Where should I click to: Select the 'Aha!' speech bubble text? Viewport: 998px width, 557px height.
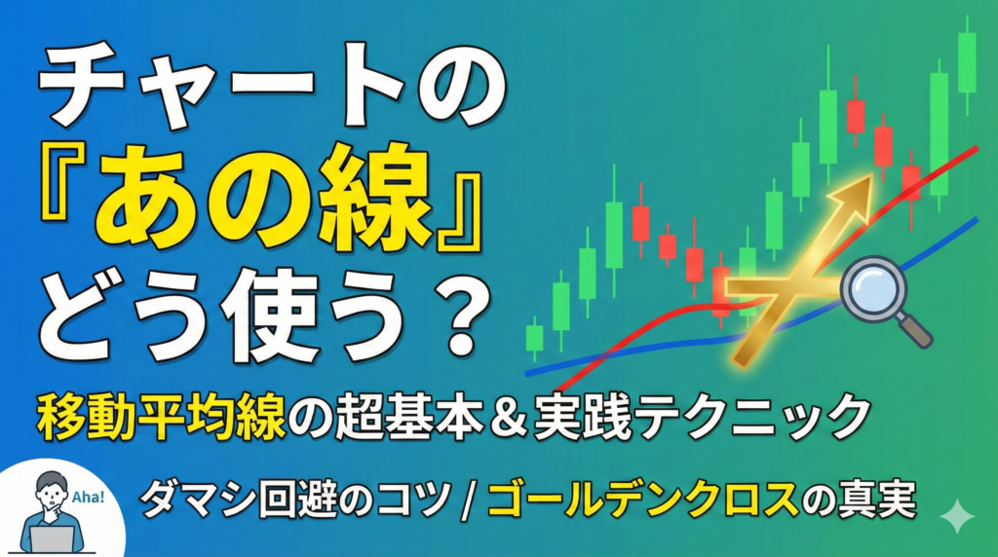coord(89,497)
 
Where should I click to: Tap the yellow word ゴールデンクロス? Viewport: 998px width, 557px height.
coord(643,500)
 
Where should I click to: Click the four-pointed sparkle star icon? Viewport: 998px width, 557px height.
coord(957,518)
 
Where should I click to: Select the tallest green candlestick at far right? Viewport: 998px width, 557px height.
coord(967,63)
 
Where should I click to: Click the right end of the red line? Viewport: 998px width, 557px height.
coord(977,148)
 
